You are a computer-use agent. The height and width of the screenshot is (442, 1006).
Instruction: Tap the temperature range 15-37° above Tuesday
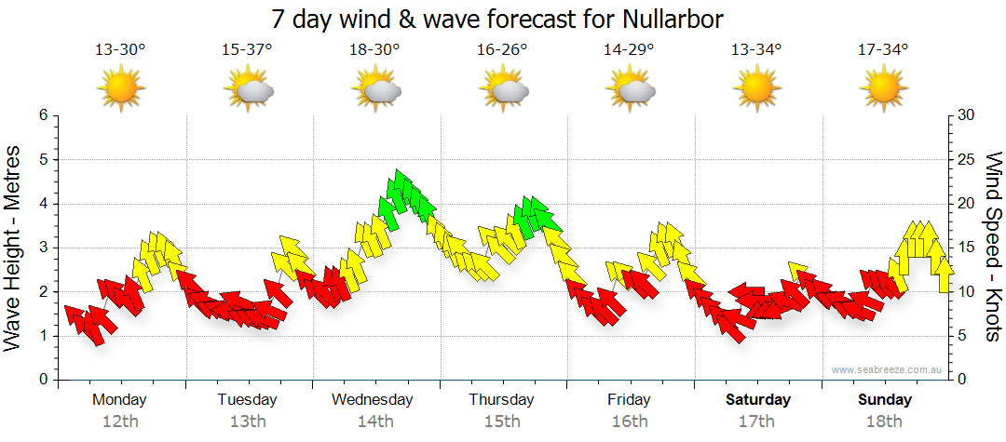247,49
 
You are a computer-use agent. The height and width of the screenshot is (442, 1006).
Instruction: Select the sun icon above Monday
120,89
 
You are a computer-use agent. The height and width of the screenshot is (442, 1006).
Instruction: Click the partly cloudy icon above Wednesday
375,89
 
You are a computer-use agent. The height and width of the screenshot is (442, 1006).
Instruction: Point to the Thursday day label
501,400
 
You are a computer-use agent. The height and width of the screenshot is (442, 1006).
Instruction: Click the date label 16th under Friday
630,422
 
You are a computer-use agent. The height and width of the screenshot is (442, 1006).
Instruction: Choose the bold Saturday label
758,400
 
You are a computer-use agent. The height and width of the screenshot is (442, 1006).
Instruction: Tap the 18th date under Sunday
886,422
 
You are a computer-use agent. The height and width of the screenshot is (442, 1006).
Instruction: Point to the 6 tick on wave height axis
42,115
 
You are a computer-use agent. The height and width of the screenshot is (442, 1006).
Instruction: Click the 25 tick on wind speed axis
966,159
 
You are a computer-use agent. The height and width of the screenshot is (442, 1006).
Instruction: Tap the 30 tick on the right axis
966,115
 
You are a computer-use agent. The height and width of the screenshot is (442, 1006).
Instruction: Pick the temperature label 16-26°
502,49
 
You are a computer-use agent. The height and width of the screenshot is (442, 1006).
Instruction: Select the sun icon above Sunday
883,89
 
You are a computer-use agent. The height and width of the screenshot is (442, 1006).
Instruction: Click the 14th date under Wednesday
374,422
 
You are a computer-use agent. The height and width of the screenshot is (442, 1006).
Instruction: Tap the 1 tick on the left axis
42,336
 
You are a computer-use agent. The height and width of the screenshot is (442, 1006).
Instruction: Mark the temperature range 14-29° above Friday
629,49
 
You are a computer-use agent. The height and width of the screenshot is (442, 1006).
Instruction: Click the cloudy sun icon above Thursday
503,89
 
